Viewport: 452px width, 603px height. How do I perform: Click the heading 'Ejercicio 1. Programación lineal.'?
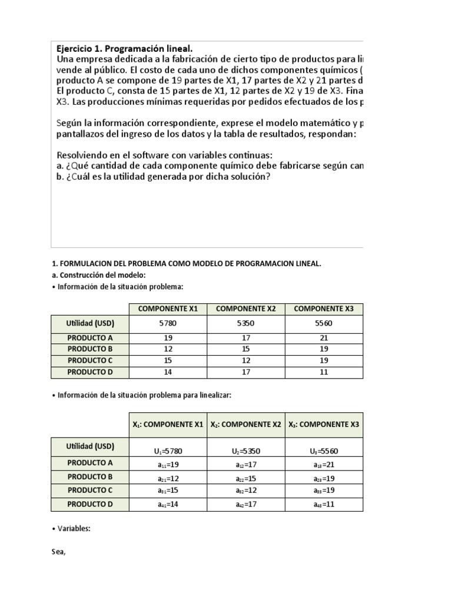[x=124, y=48]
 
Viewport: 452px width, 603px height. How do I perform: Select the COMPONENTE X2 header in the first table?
[x=246, y=309]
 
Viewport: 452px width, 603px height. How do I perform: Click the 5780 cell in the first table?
[x=168, y=323]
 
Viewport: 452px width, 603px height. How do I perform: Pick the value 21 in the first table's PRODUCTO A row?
[x=324, y=338]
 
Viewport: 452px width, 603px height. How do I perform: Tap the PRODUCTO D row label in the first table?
[x=89, y=372]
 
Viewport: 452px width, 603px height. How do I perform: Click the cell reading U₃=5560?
[x=324, y=451]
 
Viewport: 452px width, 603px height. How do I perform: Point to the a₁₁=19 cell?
[x=168, y=463]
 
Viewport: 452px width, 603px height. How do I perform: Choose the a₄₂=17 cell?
[x=246, y=505]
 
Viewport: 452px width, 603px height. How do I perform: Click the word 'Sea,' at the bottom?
[x=59, y=552]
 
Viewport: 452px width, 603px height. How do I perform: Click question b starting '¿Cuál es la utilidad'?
[x=163, y=177]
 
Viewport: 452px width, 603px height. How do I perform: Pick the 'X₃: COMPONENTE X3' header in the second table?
[x=324, y=424]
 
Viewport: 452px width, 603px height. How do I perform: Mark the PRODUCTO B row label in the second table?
[x=89, y=476]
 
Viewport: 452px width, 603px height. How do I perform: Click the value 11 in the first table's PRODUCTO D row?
[x=324, y=372]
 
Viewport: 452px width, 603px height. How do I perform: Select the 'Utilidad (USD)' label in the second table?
[x=89, y=446]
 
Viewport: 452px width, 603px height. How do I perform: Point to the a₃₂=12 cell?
[x=246, y=491]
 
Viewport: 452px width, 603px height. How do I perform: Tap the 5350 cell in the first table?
[x=246, y=323]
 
